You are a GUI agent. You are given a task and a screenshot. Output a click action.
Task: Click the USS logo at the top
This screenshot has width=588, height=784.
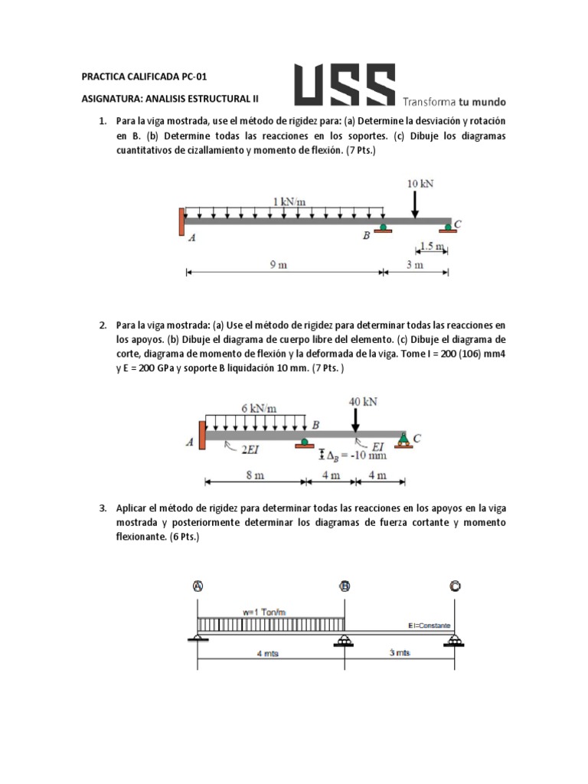[345, 84]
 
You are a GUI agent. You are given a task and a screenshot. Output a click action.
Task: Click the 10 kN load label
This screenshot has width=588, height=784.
[421, 184]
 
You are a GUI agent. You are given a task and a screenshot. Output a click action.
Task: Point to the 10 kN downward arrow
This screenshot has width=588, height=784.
[415, 204]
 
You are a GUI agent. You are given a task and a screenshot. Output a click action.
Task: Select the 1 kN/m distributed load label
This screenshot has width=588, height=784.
[289, 201]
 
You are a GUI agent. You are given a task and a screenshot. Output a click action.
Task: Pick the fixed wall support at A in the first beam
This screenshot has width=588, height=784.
[181, 221]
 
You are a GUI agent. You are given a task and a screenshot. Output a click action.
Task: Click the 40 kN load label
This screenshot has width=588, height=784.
[362, 401]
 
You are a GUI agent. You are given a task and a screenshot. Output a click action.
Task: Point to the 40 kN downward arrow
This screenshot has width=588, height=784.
[355, 420]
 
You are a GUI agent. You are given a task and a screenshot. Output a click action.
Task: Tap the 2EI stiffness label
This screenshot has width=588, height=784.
[250, 452]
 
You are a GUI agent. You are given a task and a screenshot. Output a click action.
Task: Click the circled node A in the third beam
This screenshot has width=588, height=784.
[198, 586]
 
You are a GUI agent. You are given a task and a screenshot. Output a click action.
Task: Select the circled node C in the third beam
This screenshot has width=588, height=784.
[455, 586]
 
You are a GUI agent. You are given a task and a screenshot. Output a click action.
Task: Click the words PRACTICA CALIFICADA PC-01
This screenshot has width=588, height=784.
[144, 76]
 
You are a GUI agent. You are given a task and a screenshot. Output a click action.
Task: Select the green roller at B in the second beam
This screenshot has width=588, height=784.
[305, 442]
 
